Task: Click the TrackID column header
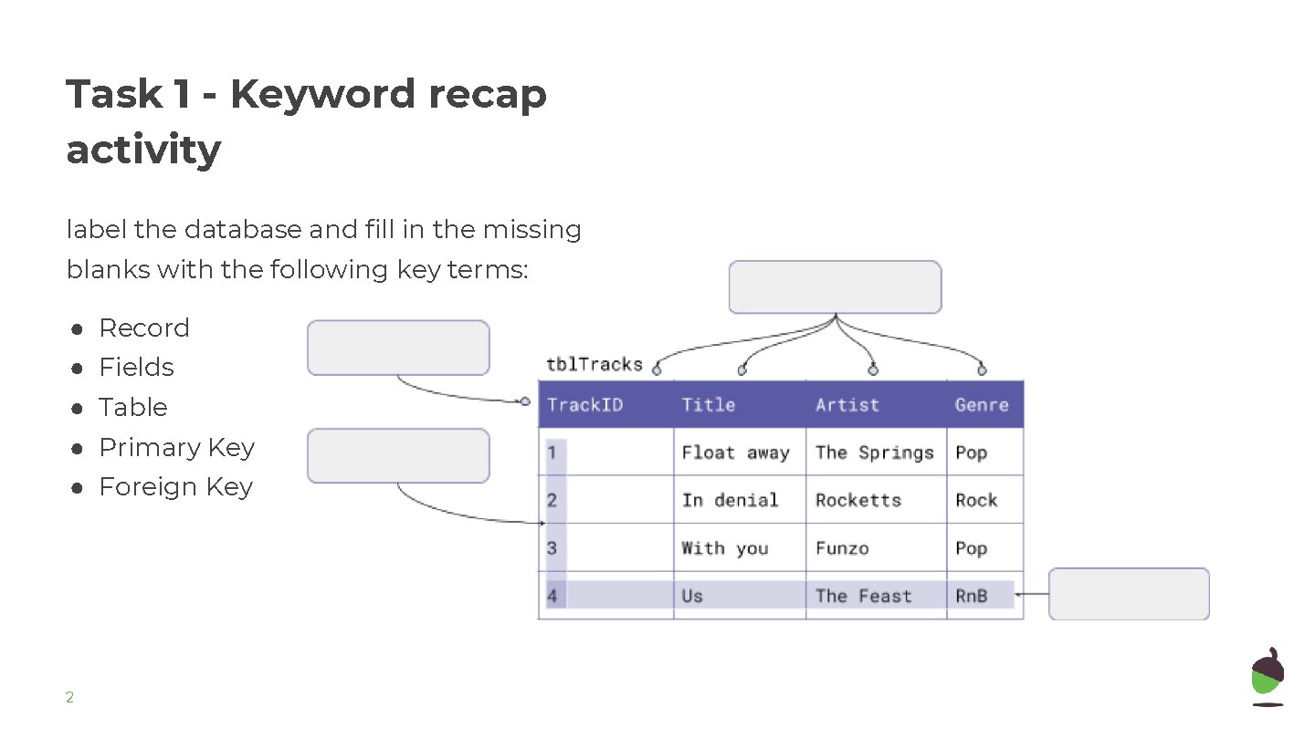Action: click(x=585, y=405)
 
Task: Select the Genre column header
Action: click(x=982, y=405)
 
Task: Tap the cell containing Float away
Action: click(x=735, y=453)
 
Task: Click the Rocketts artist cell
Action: click(x=858, y=500)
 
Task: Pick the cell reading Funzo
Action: click(x=842, y=548)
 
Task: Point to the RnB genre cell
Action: click(x=972, y=596)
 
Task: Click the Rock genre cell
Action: click(x=976, y=500)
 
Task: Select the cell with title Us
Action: click(x=692, y=596)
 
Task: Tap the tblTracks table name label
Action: click(x=594, y=365)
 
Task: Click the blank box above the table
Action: click(x=835, y=287)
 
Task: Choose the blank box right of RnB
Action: click(x=1129, y=594)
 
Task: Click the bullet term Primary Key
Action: click(x=176, y=447)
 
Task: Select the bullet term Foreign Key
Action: click(x=175, y=487)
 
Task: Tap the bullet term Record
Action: click(x=144, y=328)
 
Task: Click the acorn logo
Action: click(x=1268, y=676)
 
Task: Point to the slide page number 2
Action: click(x=69, y=698)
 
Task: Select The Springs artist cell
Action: click(x=875, y=453)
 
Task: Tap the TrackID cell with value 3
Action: click(x=552, y=548)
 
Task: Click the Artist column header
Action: click(x=847, y=405)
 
